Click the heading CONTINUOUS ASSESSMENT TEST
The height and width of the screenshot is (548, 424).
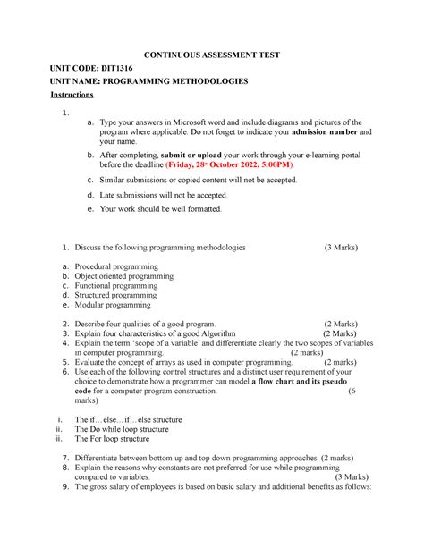[x=212, y=55]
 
